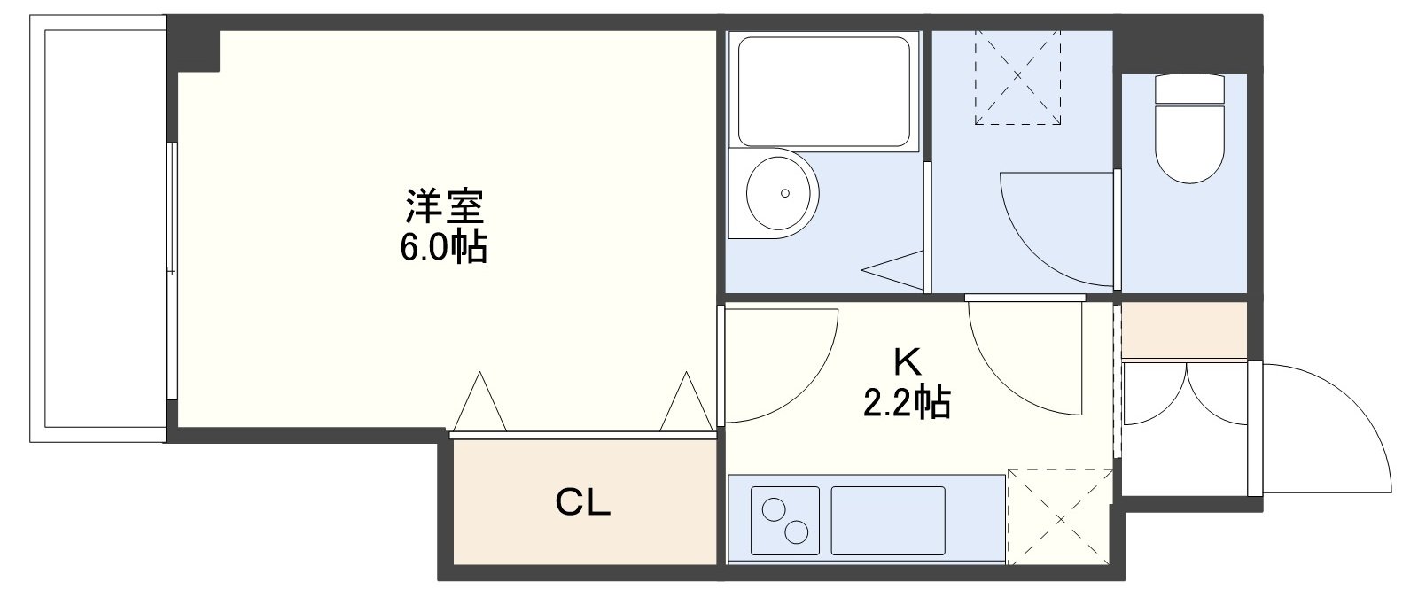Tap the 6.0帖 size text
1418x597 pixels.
tap(444, 248)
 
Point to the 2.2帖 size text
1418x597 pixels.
tap(907, 403)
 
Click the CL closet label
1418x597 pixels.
tap(582, 503)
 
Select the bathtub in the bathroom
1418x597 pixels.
tap(824, 90)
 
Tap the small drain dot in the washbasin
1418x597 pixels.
tap(784, 192)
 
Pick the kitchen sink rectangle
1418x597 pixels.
tap(888, 520)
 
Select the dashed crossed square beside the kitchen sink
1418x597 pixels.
tap(1059, 516)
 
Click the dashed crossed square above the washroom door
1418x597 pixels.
tap(1017, 76)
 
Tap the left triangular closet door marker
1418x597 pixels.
tap(479, 403)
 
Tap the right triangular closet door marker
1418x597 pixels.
tap(685, 403)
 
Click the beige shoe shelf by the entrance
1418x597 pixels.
tap(1184, 329)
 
